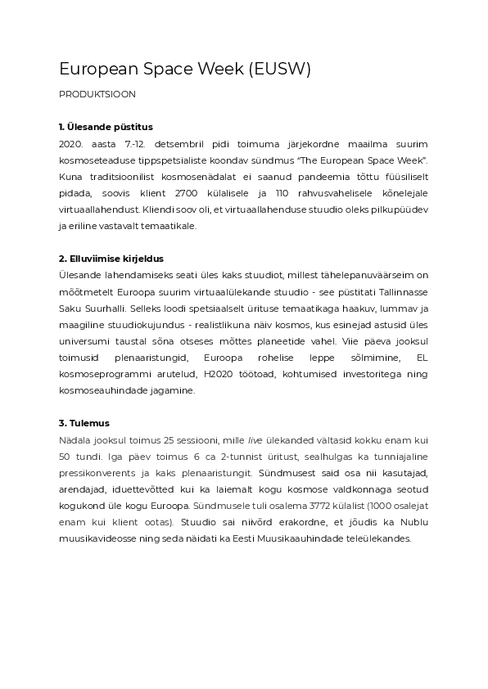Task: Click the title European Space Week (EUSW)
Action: [185, 70]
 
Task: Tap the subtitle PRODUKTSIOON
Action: [97, 94]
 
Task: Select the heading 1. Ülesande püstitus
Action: [106, 127]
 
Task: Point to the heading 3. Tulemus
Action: [84, 423]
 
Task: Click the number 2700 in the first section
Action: [235, 192]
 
